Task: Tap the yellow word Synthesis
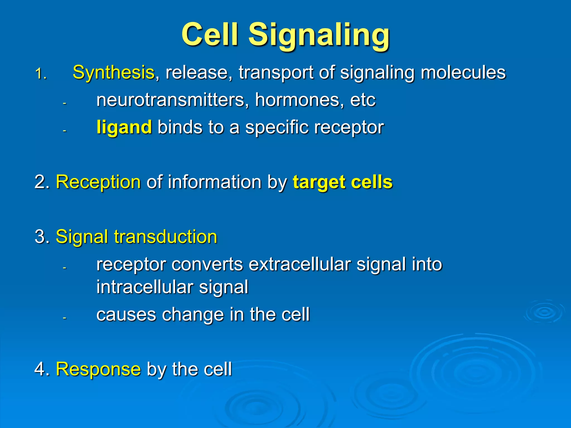[x=113, y=72]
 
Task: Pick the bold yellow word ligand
[x=124, y=127]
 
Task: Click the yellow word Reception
[x=98, y=182]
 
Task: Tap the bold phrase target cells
[x=342, y=182]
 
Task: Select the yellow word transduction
[x=165, y=237]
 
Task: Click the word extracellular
[x=299, y=264]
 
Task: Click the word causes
[x=126, y=314]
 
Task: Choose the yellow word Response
[x=98, y=369]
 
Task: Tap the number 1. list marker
[x=41, y=74]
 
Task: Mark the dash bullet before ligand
[x=64, y=130]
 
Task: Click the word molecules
[x=463, y=72]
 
